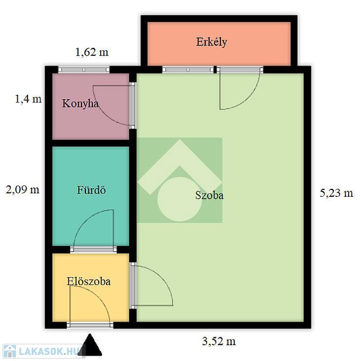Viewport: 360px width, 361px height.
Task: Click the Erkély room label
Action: pos(211,42)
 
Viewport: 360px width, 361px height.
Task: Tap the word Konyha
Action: pos(80,104)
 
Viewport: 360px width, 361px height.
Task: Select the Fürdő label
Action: pos(91,190)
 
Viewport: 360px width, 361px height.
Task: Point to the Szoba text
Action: pos(209,195)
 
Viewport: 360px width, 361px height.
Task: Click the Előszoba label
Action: pos(89,281)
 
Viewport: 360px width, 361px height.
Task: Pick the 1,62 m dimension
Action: pos(92,52)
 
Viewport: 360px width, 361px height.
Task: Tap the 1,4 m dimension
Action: pos(28,99)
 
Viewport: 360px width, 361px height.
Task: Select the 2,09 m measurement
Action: pos(23,190)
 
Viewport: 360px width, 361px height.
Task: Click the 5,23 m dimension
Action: pos(336,193)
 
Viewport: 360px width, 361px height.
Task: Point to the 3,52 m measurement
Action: pos(219,341)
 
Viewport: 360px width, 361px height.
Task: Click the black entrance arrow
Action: pos(90,345)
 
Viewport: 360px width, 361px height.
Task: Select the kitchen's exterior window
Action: pos(84,70)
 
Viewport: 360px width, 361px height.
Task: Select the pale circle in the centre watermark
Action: pos(180,199)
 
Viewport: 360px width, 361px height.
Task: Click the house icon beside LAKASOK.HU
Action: pos(10,351)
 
